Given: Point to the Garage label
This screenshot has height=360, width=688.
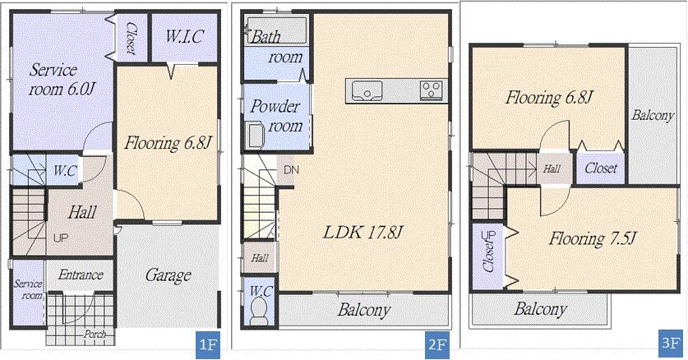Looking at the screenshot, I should (x=168, y=275).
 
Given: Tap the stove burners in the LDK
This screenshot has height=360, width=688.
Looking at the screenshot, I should (x=432, y=90).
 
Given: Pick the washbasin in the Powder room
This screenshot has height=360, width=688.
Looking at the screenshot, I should (x=255, y=134).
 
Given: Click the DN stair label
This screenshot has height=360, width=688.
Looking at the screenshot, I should (x=290, y=170).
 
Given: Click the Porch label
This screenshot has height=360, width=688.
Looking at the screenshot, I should (x=95, y=335).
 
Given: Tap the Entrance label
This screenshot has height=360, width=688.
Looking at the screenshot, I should (x=81, y=275).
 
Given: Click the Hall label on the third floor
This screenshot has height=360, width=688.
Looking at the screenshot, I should (x=552, y=168).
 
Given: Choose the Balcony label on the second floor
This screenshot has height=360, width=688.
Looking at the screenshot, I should (x=362, y=311).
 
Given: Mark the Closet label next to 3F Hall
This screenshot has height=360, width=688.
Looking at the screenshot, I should (x=601, y=168).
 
